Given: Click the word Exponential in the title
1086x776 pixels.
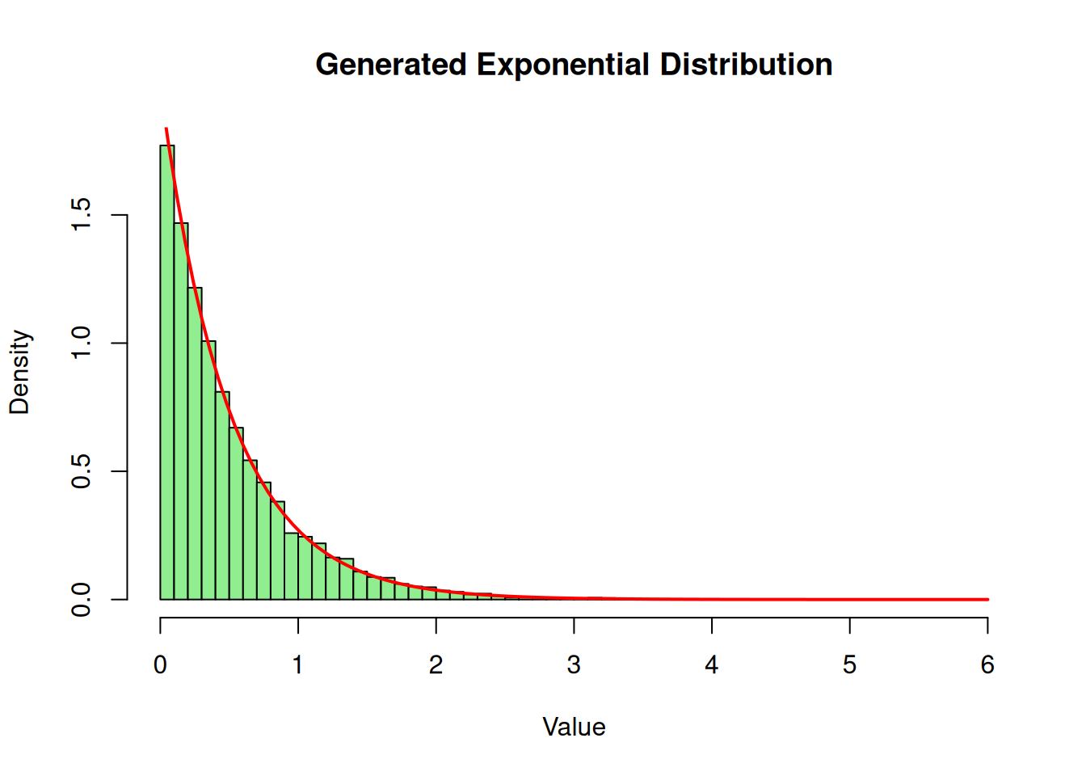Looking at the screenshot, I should point(562,65).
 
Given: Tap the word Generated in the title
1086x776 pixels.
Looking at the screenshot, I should point(391,65).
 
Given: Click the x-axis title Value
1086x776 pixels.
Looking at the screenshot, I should point(574,727).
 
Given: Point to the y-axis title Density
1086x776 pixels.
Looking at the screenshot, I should point(19,373).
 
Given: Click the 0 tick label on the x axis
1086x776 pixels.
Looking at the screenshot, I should point(160,664).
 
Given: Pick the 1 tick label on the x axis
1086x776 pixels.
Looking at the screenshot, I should point(298,664).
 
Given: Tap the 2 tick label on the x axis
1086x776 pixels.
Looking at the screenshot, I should point(436,664).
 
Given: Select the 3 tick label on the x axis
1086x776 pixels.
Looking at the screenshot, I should point(574,664).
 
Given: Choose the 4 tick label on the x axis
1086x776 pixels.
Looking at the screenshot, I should point(712,664).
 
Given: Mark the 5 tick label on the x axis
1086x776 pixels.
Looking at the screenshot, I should point(849,664).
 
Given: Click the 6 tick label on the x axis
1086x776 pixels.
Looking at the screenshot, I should point(987,664).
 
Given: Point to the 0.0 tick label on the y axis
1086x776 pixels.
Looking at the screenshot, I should point(82,600).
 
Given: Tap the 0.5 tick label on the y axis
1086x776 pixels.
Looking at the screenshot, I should point(82,471).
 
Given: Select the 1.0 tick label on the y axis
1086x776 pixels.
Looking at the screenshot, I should point(82,343).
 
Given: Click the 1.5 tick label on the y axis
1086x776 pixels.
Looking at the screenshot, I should point(82,215).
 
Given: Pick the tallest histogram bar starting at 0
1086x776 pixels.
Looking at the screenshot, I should point(167,372).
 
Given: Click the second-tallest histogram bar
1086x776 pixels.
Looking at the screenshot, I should point(181,412).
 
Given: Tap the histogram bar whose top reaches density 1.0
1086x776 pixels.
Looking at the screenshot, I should point(208,469).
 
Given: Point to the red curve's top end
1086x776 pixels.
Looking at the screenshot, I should point(166,129).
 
